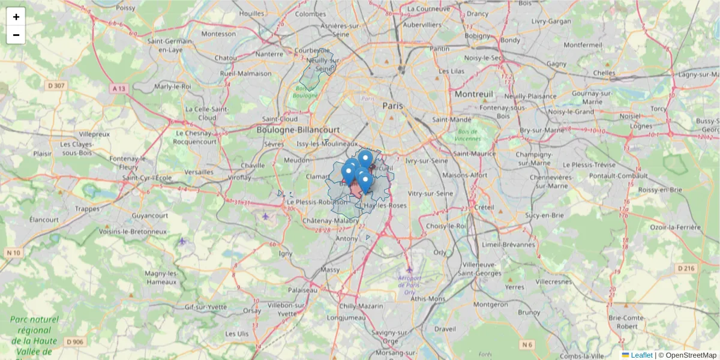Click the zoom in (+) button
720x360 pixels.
click(16, 17)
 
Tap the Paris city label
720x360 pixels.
click(393, 106)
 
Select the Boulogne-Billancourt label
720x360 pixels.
click(298, 130)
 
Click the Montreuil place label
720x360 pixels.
click(473, 94)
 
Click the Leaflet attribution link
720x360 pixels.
click(641, 355)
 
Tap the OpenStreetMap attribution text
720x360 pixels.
click(691, 355)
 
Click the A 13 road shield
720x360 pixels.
click(119, 88)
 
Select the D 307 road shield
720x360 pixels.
click(56, 86)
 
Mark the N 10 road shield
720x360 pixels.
click(13, 253)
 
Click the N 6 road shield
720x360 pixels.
click(527, 344)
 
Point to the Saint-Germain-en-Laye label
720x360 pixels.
click(175, 46)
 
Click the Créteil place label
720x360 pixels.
click(483, 207)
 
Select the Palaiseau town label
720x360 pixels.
click(302, 290)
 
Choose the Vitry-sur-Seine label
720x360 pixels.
click(430, 194)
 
